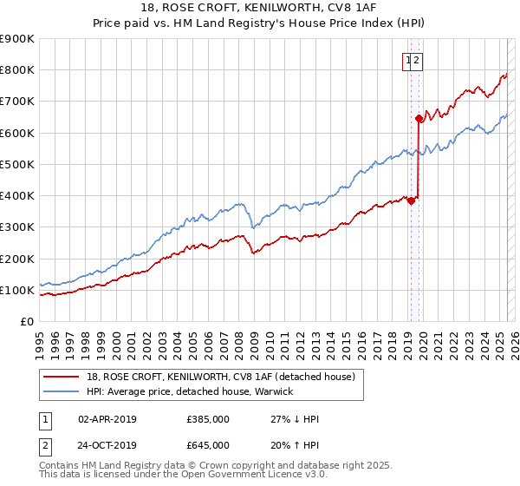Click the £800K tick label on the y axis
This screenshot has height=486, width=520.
click(16, 70)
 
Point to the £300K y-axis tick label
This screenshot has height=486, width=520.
click(16, 227)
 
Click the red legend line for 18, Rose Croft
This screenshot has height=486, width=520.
click(61, 377)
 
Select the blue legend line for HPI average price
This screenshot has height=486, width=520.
click(61, 391)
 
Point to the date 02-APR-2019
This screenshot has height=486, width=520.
click(107, 419)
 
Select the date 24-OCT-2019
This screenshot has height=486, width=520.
click(107, 444)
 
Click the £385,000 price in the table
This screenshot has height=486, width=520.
click(208, 419)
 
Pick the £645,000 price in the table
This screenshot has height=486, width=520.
click(208, 444)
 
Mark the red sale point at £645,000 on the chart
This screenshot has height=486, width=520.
click(419, 118)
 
